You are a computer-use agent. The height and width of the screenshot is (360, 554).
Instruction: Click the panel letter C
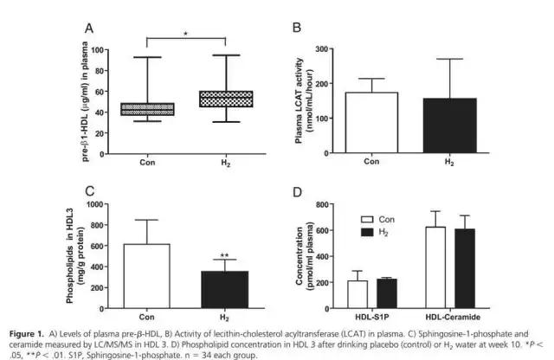pyautogui.click(x=88, y=191)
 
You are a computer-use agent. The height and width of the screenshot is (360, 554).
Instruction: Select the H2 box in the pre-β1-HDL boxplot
pyautogui.click(x=226, y=99)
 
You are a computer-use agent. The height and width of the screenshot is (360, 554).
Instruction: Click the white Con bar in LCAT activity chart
pyautogui.click(x=370, y=123)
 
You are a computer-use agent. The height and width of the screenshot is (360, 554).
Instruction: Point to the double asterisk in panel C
pyautogui.click(x=225, y=255)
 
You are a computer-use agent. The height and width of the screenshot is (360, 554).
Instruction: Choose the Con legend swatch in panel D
pyautogui.click(x=366, y=219)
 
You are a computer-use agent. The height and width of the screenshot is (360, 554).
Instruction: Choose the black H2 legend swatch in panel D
pyautogui.click(x=366, y=232)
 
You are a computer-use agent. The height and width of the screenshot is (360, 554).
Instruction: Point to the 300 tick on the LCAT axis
pyautogui.click(x=328, y=49)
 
